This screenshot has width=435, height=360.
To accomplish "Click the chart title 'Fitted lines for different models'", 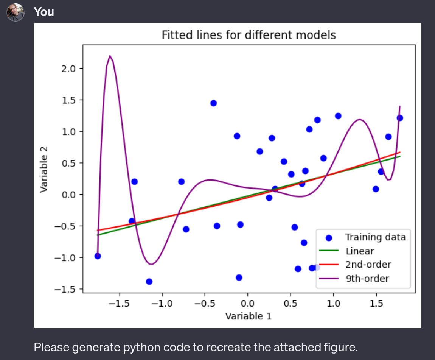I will click(x=249, y=36).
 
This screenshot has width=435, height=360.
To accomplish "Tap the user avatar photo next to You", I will click(x=16, y=12).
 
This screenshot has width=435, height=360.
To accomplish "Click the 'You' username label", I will click(x=44, y=12).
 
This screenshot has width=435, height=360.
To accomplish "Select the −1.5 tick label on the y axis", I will click(x=68, y=289).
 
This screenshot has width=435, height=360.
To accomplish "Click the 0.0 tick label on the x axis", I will click(x=248, y=304).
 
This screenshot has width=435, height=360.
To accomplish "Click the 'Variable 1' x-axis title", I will click(x=248, y=316).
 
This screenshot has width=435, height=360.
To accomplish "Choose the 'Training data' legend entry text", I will click(x=375, y=237).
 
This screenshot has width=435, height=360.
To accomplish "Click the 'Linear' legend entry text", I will click(x=360, y=251).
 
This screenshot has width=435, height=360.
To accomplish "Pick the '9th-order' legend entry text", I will click(x=367, y=279).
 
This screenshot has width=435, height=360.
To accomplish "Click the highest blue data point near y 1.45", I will click(x=213, y=103).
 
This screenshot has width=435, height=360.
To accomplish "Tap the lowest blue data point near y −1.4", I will click(x=149, y=281).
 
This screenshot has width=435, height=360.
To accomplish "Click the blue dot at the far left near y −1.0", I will click(x=98, y=256).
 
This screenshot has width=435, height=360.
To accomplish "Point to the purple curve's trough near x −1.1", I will click(x=151, y=264).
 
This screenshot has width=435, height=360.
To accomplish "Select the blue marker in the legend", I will click(x=329, y=238).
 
